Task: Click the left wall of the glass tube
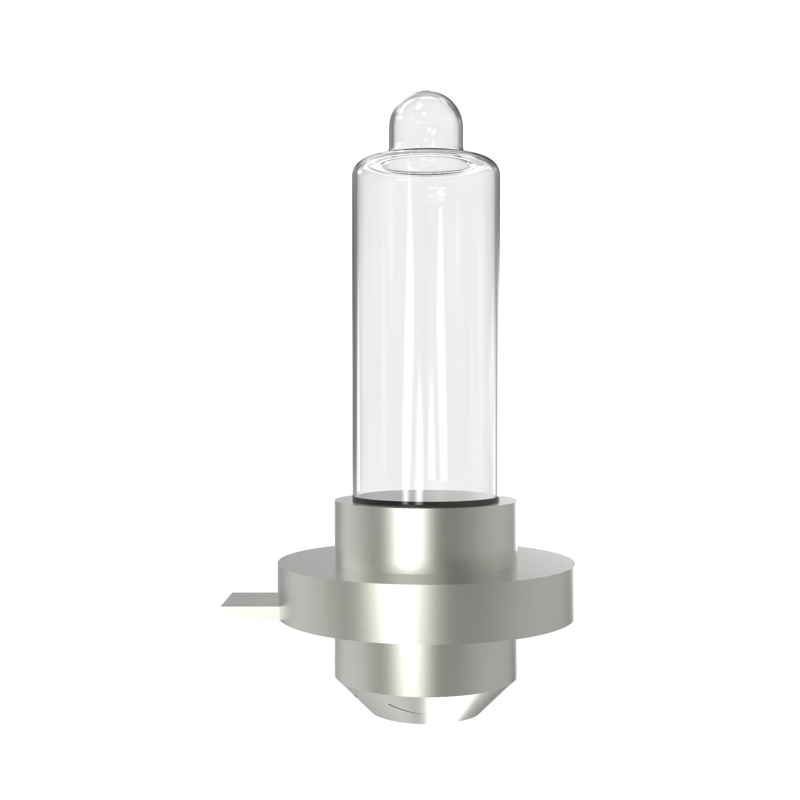pos(355,331)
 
